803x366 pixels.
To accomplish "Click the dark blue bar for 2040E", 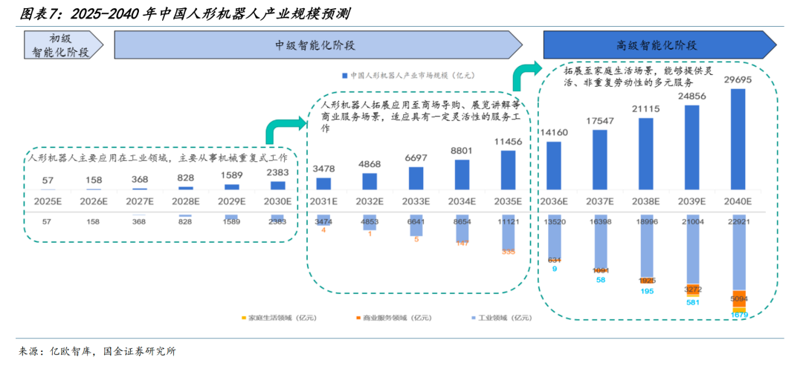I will click(738, 140).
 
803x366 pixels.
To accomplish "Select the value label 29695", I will click(738, 79).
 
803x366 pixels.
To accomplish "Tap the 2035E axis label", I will click(508, 201).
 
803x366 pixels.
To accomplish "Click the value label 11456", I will click(508, 140).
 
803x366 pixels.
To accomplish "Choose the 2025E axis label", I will click(48, 201).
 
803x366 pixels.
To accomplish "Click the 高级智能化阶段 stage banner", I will click(656, 45).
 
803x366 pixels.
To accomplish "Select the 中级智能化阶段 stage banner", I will click(316, 45).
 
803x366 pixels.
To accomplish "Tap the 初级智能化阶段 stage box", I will click(60, 45).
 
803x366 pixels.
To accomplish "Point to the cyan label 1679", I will click(738, 315).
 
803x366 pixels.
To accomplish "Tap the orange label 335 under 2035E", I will click(508, 252).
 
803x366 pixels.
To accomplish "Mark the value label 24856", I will click(692, 97).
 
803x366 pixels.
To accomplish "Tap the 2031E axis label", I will click(324, 201).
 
